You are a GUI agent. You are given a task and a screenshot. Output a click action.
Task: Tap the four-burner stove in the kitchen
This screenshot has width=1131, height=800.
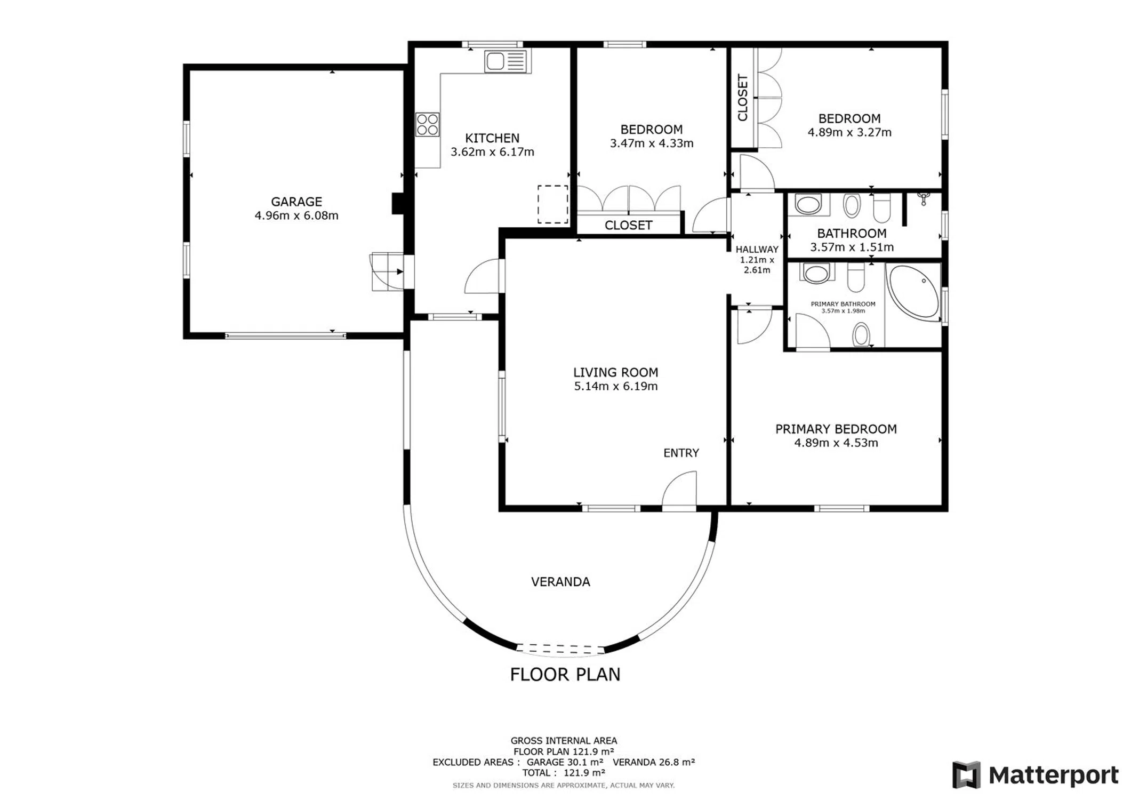(x=428, y=124)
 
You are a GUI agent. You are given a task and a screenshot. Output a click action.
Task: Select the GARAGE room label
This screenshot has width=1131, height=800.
(x=296, y=202)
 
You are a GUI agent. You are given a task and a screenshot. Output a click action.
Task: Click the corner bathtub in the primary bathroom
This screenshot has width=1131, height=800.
(x=913, y=292)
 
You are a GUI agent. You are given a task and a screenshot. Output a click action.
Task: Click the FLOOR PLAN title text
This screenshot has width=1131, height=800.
(x=565, y=675)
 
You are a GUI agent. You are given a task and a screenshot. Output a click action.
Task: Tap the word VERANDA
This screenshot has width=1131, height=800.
(x=560, y=582)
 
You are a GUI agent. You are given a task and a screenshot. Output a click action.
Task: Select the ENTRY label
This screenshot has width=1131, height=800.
(x=681, y=453)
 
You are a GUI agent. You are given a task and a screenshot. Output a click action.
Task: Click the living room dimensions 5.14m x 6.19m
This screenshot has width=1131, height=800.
(x=616, y=386)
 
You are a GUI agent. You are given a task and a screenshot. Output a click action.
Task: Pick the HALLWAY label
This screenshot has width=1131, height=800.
(x=757, y=249)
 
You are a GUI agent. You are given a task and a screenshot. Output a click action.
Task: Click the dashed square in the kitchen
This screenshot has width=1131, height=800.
(x=552, y=204)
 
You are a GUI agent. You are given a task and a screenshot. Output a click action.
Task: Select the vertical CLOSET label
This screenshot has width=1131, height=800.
(x=743, y=98)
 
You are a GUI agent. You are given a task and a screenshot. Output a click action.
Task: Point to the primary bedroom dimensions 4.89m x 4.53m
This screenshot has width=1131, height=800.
(x=836, y=443)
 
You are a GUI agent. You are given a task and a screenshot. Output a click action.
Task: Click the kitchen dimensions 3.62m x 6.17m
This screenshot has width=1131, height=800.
(x=492, y=152)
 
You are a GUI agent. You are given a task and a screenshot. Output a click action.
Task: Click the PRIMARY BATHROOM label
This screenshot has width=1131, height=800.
(x=843, y=304)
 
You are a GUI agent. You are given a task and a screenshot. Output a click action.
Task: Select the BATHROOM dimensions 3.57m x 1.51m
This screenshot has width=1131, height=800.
(x=852, y=247)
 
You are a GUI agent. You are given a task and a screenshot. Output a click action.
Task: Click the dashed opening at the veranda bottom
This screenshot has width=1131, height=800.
(x=560, y=649)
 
